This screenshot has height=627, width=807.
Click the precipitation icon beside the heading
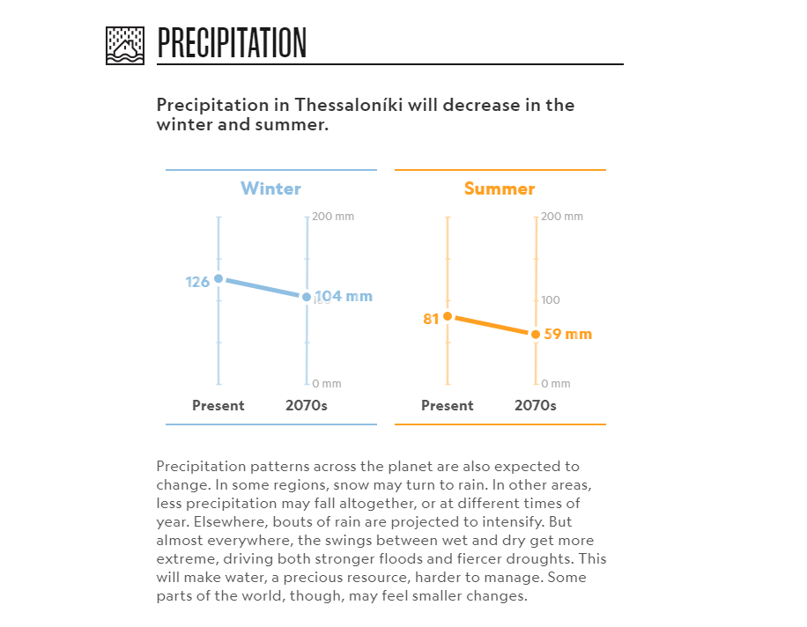coord(124,45)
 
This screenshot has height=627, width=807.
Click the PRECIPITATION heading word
coord(232,43)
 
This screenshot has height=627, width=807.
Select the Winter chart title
coord(271,188)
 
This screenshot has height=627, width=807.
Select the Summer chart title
coord(500,188)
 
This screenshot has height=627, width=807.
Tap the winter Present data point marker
coord(218,279)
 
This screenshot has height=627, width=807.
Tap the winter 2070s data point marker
coord(307,297)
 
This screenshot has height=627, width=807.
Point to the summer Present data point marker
coord(448,316)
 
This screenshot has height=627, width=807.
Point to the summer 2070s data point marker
coord(536,335)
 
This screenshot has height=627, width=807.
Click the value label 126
coord(197,282)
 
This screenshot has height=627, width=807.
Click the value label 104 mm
coord(344,297)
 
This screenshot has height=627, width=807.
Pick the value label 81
coord(431,319)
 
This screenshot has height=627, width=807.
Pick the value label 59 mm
coord(567,335)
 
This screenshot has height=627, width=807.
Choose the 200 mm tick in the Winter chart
coord(333,217)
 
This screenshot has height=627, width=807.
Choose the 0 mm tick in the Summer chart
coord(556,384)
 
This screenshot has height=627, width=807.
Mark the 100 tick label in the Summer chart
coord(551,300)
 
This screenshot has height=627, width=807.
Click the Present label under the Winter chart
coord(218,406)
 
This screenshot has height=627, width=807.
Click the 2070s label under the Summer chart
coord(536,406)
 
